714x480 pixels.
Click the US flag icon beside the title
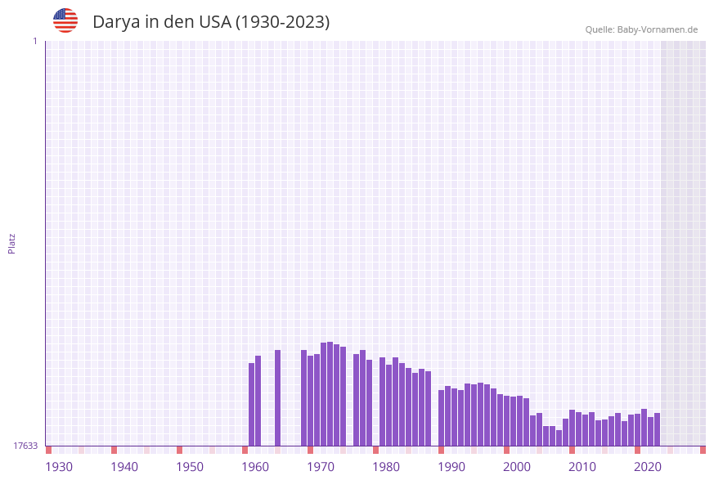point(65,20)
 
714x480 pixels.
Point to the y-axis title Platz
point(11,243)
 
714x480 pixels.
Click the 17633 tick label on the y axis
point(25,446)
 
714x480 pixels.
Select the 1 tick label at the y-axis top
point(34,41)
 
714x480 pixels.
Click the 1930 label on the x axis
point(59,467)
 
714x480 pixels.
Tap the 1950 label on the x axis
point(190,467)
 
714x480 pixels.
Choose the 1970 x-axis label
point(321,467)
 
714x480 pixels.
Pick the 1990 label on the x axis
point(451,467)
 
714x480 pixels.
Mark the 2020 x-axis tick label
point(648,467)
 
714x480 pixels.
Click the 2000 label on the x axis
point(517,467)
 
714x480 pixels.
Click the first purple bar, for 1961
point(251,404)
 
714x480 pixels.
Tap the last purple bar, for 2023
point(657,429)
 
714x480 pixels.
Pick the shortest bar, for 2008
point(559,437)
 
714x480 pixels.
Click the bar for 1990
point(441,417)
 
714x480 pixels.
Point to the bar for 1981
point(382,401)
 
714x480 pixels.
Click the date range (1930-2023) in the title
point(282,22)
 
